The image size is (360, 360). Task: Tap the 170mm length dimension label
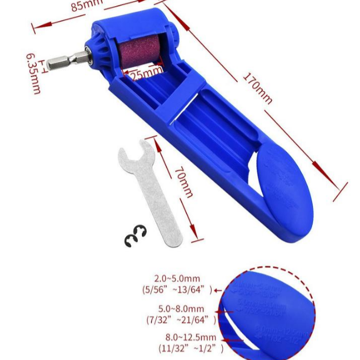pos(257,88)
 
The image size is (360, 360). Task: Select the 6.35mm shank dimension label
pos(33,73)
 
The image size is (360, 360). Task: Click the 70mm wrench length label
pos(184,181)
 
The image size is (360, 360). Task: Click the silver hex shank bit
pos(66,59)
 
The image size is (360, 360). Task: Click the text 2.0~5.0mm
pos(177,279)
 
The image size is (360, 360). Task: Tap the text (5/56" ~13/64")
pos(177,290)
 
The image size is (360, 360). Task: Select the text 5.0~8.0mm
pos(181,309)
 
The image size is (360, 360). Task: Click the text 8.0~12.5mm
pos(190,338)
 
